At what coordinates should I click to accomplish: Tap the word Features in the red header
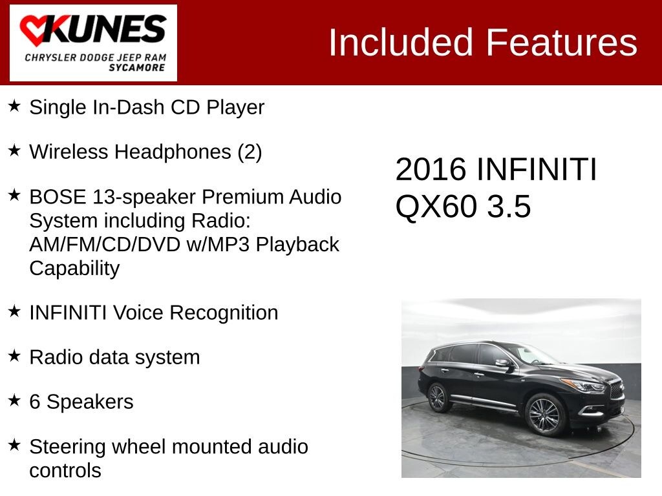(x=561, y=43)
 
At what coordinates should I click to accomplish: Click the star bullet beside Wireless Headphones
(x=15, y=150)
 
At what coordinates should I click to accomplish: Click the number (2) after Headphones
(x=250, y=152)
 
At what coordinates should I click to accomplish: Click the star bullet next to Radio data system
(x=15, y=356)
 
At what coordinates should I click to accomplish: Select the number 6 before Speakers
(x=35, y=402)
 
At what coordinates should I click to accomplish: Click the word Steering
(x=68, y=447)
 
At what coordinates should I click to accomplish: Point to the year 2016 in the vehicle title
(x=431, y=170)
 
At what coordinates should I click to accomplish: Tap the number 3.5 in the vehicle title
(x=509, y=207)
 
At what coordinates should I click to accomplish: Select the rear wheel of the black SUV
(x=438, y=397)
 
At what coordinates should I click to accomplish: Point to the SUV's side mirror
(x=502, y=363)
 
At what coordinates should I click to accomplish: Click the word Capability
(x=74, y=268)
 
